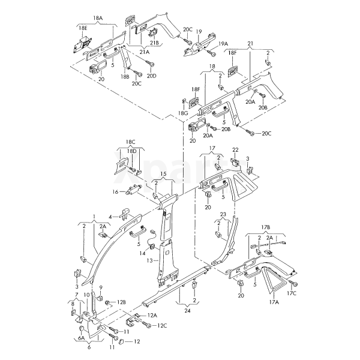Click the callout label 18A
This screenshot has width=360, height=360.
click(97, 19)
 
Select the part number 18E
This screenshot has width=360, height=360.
click(82, 28)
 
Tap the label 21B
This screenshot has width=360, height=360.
click(154, 43)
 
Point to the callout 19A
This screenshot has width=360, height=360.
click(223, 44)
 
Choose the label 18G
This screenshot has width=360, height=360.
click(184, 113)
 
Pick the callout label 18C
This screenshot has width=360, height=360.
click(130, 142)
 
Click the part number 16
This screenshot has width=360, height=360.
click(116, 192)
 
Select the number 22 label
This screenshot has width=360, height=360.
click(236, 149)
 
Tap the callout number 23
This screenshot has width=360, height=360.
click(223, 214)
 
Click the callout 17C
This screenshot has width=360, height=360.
click(292, 293)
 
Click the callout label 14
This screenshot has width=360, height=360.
click(143, 254)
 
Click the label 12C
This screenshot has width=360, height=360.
click(162, 326)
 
